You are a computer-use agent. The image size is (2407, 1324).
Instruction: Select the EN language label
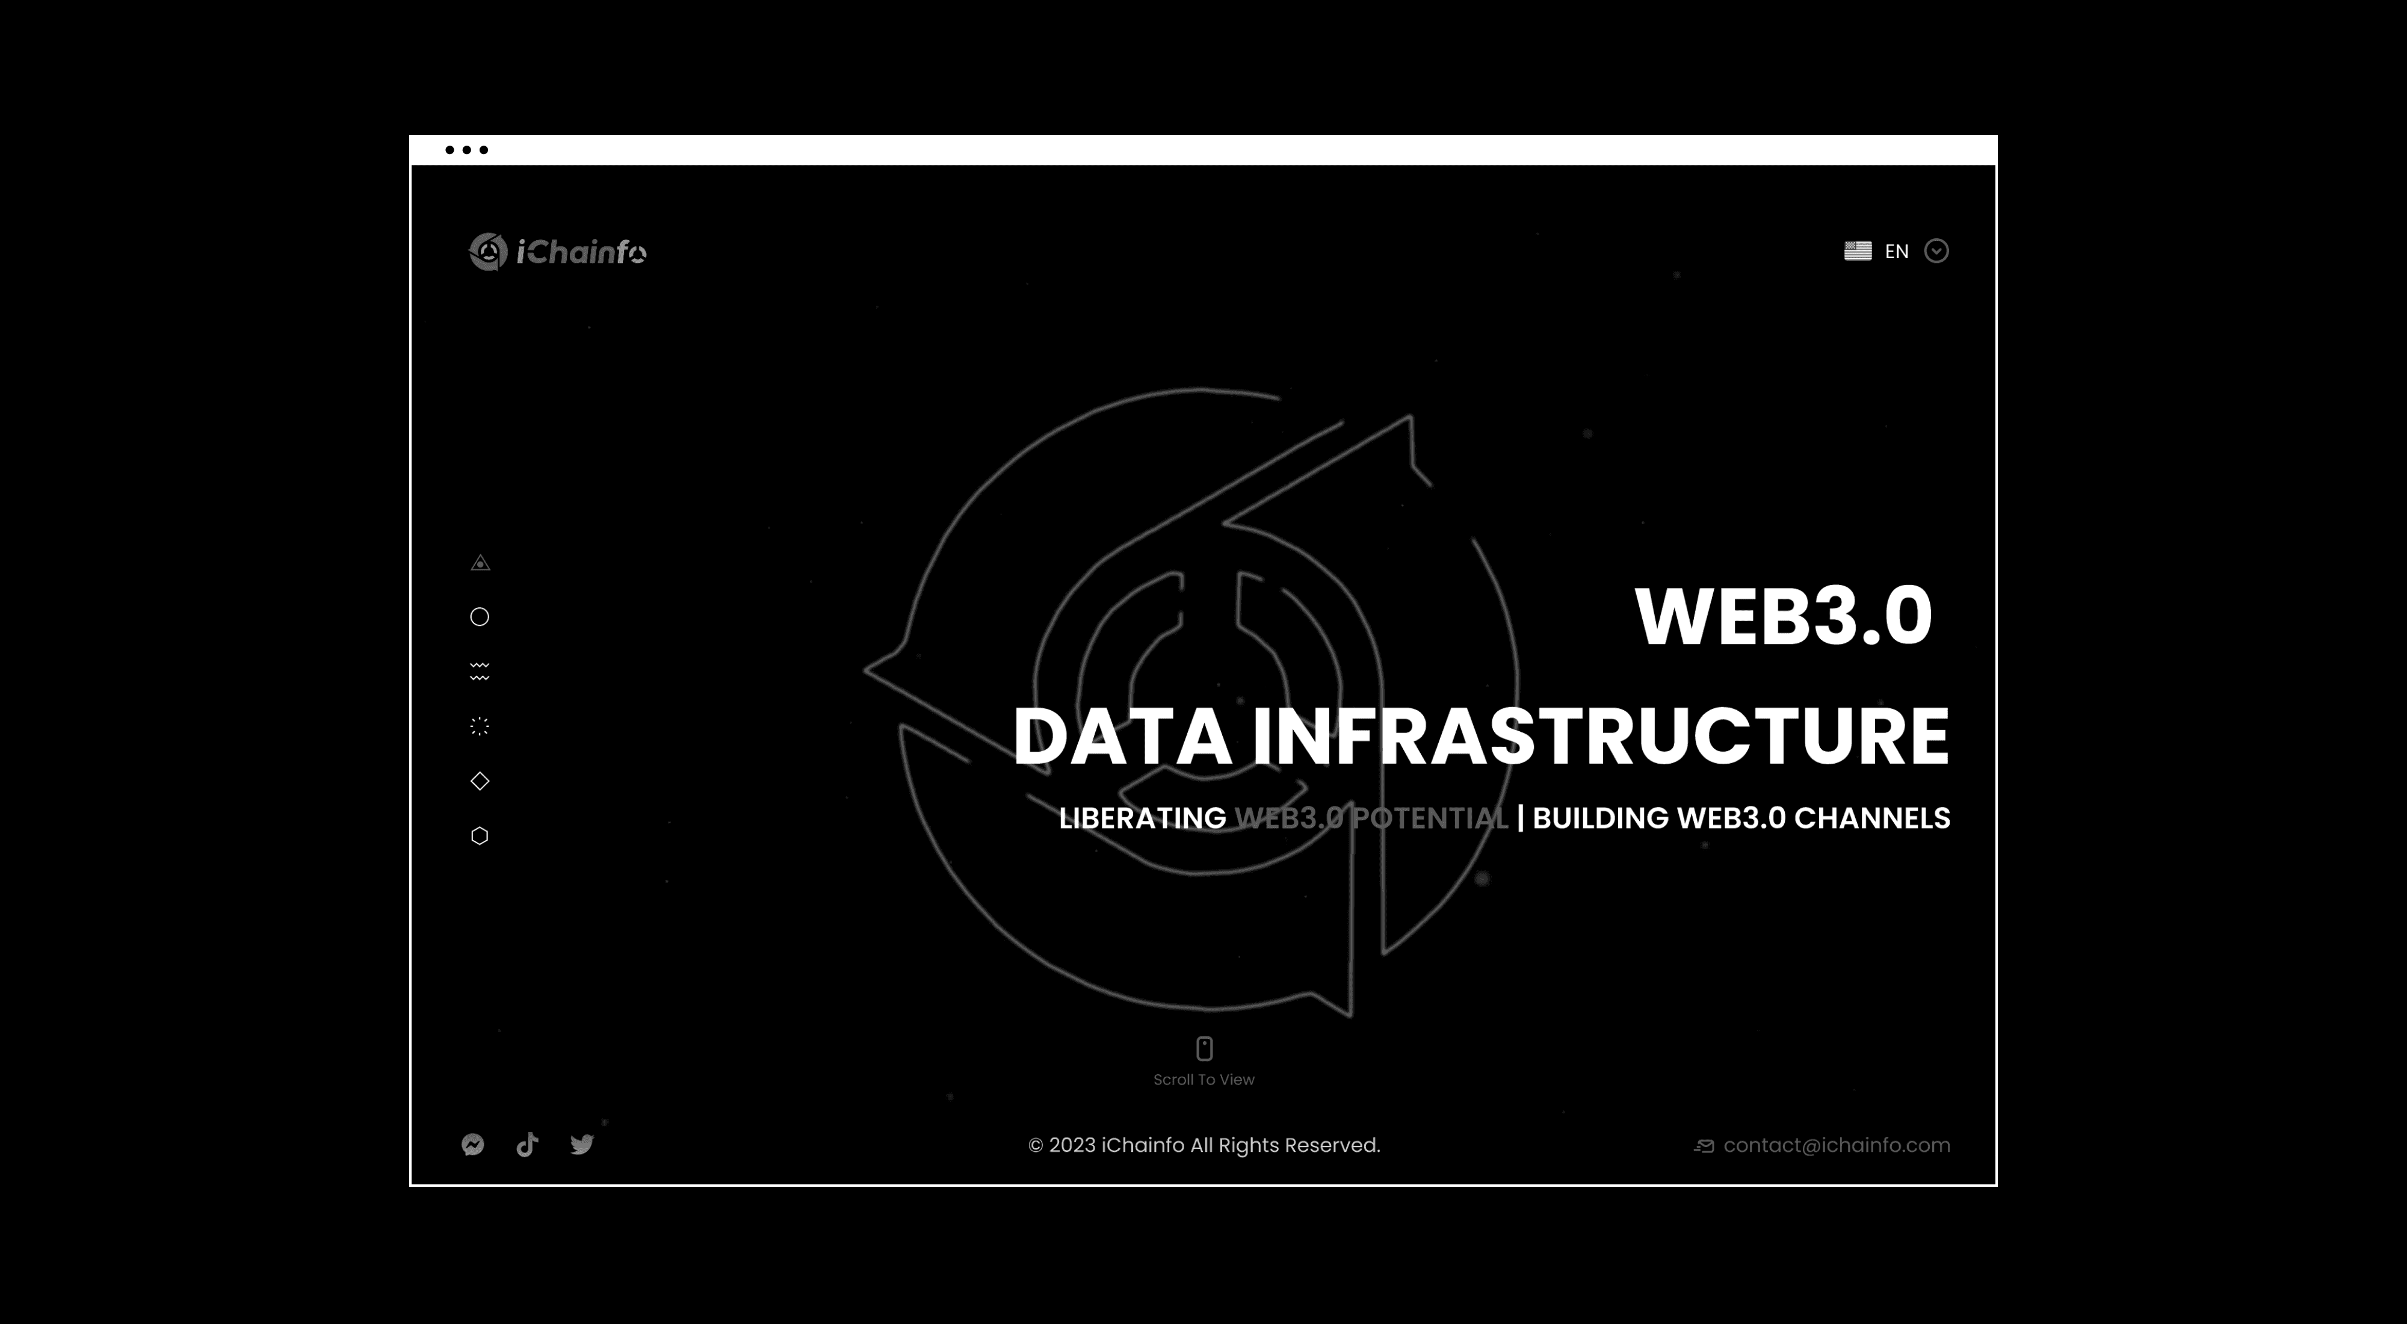point(1896,252)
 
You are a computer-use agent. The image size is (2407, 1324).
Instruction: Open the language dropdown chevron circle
point(1936,250)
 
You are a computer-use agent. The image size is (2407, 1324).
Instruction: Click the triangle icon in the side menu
point(480,563)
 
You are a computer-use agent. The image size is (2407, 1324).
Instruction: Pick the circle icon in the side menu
point(480,617)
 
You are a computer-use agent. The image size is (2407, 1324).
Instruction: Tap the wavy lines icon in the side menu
point(480,671)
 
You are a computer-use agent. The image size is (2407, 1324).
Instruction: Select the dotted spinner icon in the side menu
point(480,726)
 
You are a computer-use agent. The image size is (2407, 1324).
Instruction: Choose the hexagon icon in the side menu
point(480,835)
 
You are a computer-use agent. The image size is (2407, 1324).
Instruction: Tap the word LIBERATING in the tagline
point(1142,818)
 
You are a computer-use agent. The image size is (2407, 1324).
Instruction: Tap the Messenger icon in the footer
point(473,1145)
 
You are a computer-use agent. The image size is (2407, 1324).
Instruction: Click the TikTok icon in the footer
point(527,1145)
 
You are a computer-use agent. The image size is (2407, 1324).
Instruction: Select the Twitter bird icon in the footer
point(582,1145)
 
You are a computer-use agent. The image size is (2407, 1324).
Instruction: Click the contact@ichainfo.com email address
point(1836,1145)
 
